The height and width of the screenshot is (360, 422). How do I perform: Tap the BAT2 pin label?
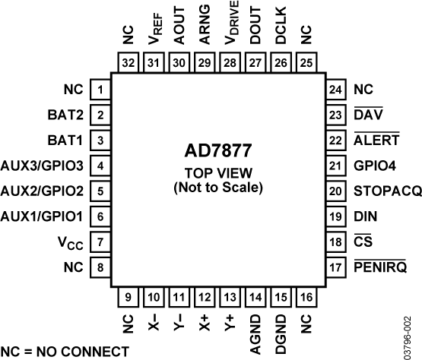[66, 115]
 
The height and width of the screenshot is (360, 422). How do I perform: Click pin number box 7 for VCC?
[100, 243]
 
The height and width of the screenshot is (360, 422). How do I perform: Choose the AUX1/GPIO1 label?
[43, 217]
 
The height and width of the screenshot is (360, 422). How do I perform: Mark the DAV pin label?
[368, 115]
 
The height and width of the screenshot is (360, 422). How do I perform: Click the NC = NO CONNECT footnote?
[65, 351]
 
